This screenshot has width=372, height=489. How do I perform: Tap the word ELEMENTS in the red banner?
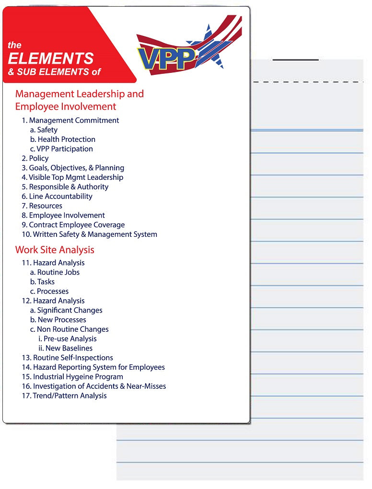(x=51, y=58)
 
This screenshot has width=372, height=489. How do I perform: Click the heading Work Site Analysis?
(x=55, y=250)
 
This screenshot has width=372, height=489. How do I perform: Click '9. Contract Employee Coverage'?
(x=73, y=225)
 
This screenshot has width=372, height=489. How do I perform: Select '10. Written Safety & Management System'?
(x=89, y=234)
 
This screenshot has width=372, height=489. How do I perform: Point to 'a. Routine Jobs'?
(x=55, y=272)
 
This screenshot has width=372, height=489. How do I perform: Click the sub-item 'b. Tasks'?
(x=42, y=282)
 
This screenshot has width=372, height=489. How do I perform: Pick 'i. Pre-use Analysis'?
(x=68, y=339)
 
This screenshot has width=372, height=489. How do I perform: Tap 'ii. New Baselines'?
(x=66, y=349)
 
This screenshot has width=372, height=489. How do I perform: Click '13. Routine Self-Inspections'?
(x=67, y=358)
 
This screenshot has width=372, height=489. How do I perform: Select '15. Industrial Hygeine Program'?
(x=72, y=377)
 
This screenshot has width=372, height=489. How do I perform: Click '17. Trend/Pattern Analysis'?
(x=64, y=396)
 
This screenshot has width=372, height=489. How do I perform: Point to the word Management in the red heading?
(x=44, y=94)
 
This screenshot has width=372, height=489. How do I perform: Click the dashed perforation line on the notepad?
(x=307, y=82)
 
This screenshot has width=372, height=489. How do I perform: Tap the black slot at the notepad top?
(x=295, y=60)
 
